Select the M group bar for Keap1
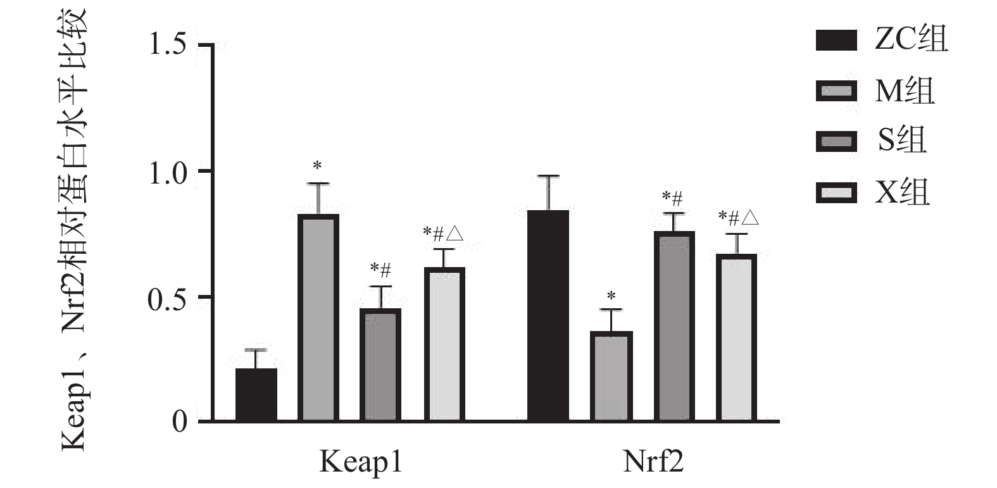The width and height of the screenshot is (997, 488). coord(318,318)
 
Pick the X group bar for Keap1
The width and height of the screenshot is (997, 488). coord(444,344)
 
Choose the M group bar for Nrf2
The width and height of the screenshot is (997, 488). coord(611,376)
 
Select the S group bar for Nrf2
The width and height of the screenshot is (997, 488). coord(674,326)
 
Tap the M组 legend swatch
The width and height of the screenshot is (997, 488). coord(836,91)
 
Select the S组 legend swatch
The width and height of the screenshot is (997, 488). coord(836,141)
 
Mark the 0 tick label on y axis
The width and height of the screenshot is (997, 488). coord(180,422)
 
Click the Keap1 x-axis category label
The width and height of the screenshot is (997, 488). coord(360,462)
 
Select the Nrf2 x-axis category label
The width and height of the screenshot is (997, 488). coord(653,462)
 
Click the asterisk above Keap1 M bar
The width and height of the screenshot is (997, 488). coord(317,166)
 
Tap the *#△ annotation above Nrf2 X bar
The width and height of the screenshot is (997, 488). coord(738,218)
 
